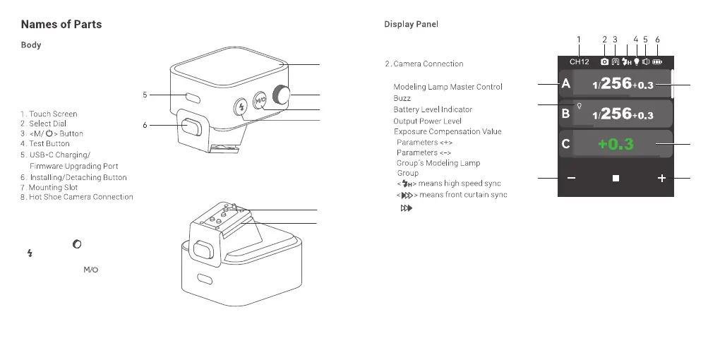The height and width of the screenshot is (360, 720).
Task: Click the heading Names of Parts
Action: pos(61,25)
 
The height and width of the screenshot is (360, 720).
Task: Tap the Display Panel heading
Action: pos(411,25)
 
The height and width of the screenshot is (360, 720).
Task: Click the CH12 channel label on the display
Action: pos(580,62)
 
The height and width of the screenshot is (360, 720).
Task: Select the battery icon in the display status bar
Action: pos(658,62)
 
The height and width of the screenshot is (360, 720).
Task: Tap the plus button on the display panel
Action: pos(661,179)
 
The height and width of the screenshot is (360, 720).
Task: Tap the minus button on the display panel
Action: pos(570,179)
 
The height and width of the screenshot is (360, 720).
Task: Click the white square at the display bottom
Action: pos(616,179)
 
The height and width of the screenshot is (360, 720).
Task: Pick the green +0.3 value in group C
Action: pos(616,145)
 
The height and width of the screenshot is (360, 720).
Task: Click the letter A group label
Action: pos(565,85)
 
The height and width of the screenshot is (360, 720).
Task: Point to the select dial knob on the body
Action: pos(283,95)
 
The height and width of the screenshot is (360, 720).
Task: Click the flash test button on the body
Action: pos(241,107)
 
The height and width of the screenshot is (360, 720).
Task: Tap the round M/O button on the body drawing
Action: pos(260,101)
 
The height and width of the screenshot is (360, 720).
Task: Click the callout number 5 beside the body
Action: pos(145,94)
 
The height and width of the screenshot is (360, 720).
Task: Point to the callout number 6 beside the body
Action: pos(145,125)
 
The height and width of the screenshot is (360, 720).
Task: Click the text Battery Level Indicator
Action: pos(433,110)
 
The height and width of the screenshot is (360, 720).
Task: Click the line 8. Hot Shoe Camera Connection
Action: pos(77,198)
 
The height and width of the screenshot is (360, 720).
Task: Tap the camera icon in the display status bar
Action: pos(604,62)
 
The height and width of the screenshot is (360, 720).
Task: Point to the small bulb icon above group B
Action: pos(580,105)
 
